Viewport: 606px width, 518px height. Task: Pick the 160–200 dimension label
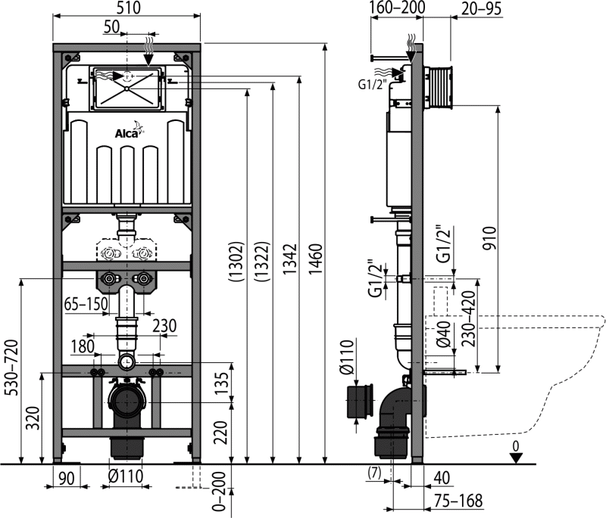tap(396, 8)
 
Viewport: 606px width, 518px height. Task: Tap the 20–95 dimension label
tap(480, 8)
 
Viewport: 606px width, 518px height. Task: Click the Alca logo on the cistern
tap(127, 134)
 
